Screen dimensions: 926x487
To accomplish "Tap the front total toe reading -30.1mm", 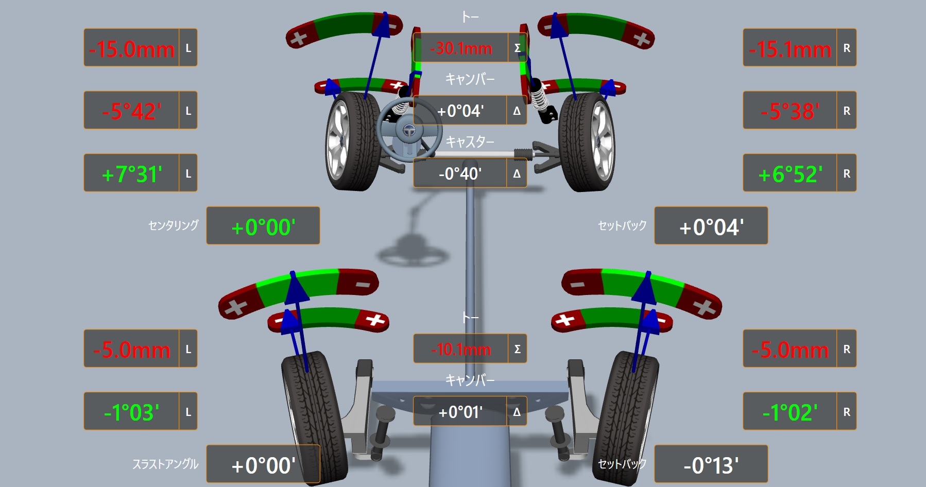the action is [x=461, y=48].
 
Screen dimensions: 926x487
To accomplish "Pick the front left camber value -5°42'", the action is [x=132, y=111].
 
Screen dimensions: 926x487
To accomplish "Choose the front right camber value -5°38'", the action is [x=790, y=111].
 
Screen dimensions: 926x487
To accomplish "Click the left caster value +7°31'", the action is [x=132, y=174].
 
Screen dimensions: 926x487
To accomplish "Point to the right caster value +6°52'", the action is [x=790, y=174].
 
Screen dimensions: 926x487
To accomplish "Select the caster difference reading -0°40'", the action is [x=460, y=173].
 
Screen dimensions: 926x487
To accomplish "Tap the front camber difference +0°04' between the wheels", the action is [x=460, y=111].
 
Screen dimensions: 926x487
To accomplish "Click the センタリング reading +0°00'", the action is [x=263, y=227].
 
